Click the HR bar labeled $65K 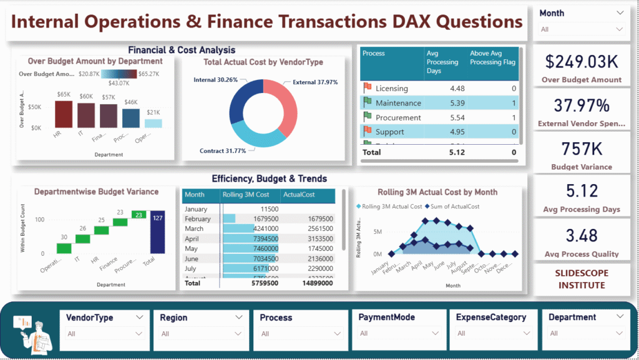(63, 114)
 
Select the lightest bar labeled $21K (153, 124)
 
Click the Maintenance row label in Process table (398, 103)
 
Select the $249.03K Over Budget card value (582, 62)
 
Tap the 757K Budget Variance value (582, 148)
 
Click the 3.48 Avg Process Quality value (582, 236)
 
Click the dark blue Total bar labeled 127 (157, 232)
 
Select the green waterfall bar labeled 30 (64, 248)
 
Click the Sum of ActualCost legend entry (454, 207)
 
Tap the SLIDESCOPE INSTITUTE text (582, 279)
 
